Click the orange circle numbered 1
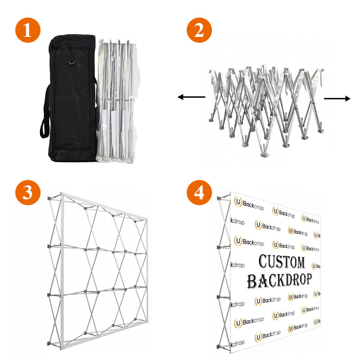[x=28, y=31]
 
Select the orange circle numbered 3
[x=28, y=192]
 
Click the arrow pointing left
[x=191, y=97]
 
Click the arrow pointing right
[x=337, y=99]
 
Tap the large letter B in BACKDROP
[x=252, y=281]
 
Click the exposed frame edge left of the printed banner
[x=222, y=270]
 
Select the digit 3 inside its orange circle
[x=28, y=192]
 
